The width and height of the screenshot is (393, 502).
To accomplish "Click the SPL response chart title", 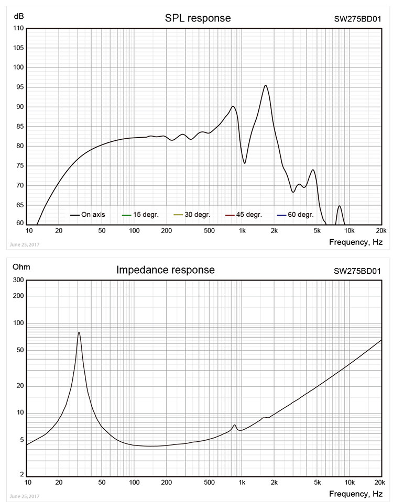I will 198,18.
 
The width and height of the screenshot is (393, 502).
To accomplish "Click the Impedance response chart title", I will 166,270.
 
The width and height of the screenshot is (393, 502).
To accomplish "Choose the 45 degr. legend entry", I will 244,215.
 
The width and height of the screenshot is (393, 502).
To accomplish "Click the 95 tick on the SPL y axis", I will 19,87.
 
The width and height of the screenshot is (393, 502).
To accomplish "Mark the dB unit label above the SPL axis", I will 18,15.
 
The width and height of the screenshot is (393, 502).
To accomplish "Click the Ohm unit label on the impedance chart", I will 21,267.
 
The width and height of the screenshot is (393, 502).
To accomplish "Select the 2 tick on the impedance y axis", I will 21,475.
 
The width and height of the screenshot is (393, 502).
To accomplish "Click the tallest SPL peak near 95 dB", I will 266,85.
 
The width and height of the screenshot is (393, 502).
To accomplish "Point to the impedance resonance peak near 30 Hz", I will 79,332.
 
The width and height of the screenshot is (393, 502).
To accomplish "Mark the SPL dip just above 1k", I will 245,163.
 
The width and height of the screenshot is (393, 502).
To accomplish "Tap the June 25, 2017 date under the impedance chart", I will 24,496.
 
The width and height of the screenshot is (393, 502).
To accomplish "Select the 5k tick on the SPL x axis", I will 316,231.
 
